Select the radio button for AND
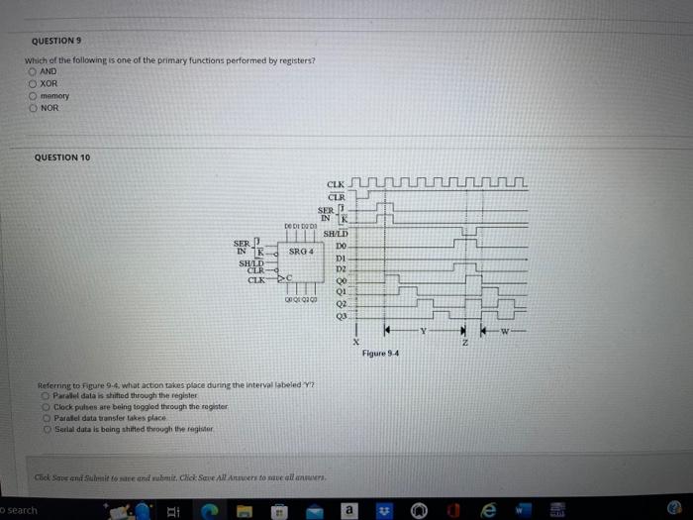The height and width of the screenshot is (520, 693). [x=33, y=71]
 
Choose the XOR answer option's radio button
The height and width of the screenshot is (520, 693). [x=33, y=83]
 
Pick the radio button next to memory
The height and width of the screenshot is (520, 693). [x=33, y=95]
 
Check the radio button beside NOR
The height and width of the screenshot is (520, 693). [x=33, y=107]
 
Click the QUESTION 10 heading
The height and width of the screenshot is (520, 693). [x=62, y=157]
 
